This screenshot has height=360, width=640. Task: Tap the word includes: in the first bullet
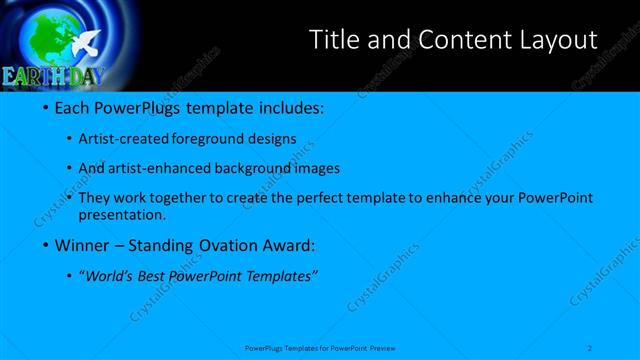point(289,107)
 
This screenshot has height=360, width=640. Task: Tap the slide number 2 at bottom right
point(590,347)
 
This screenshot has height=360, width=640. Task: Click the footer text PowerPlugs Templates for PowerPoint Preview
point(320,348)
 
